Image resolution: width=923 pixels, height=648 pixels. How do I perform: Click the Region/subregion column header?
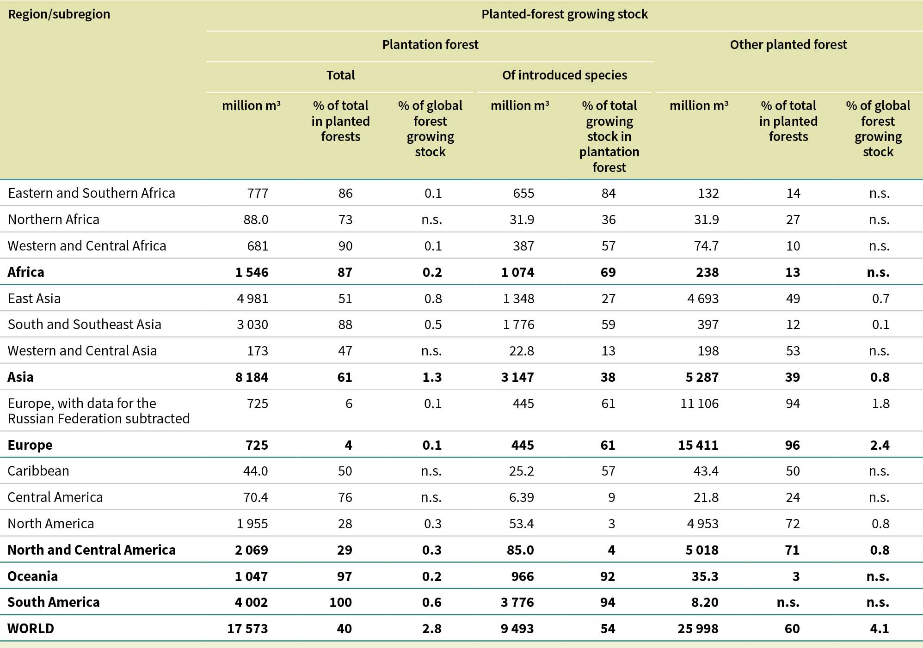59,14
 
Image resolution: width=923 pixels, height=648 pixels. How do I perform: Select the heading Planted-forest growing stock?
564,14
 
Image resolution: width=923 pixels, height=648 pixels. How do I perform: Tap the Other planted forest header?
788,45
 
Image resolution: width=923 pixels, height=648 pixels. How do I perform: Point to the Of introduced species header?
564,75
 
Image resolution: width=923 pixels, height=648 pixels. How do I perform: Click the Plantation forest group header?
430,45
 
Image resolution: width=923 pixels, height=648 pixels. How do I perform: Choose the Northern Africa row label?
54,219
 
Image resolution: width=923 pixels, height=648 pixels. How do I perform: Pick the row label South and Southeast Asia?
85,324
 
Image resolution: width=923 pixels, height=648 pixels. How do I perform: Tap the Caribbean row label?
38,471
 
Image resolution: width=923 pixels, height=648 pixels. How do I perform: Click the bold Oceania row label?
33,576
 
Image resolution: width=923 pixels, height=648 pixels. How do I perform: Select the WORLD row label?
31,629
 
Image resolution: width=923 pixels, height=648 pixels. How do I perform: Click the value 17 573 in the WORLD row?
247,629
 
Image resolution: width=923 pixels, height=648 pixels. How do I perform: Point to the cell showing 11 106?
699,403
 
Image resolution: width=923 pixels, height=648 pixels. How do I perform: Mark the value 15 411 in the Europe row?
698,445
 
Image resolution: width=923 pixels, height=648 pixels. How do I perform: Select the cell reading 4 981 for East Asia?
252,299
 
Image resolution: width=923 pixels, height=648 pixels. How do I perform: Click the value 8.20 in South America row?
705,602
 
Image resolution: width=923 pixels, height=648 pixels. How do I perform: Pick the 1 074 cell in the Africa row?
517,272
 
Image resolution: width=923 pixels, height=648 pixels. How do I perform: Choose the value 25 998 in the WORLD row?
698,629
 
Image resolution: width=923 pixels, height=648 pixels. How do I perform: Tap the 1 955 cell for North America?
252,524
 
